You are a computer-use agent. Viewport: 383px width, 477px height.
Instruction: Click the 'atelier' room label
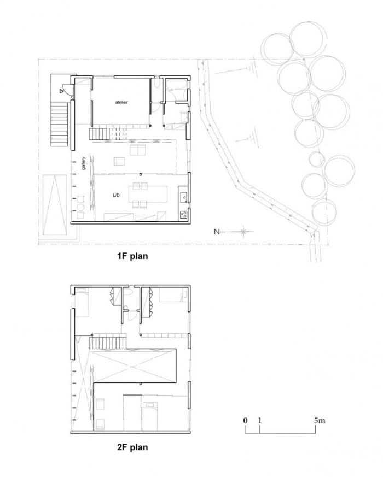121,102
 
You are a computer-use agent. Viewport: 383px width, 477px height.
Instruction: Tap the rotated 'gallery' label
84,163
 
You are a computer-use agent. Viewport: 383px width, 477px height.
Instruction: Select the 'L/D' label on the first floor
116,195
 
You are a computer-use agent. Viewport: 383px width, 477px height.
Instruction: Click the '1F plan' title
132,256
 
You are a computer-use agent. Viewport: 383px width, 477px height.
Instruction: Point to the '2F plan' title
132,447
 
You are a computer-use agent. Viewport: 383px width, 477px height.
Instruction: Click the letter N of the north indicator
217,232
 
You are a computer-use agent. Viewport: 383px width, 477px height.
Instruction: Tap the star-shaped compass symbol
243,232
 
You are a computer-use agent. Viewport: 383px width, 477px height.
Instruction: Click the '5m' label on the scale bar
320,420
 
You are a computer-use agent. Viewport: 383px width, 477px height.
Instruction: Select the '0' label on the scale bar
245,420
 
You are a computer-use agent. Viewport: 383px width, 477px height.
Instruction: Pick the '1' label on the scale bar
259,420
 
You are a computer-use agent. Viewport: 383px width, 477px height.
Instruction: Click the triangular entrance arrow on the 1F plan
61,91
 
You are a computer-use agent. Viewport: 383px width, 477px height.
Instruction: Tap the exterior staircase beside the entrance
59,125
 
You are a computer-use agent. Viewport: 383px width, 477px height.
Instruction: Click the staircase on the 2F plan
108,343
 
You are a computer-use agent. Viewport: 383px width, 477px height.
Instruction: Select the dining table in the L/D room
148,194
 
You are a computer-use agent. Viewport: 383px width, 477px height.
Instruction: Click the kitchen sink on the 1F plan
184,197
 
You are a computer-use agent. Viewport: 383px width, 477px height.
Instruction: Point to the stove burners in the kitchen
184,215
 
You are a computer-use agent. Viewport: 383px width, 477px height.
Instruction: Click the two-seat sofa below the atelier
138,150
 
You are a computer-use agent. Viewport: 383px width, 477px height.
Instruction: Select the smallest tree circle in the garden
317,160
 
